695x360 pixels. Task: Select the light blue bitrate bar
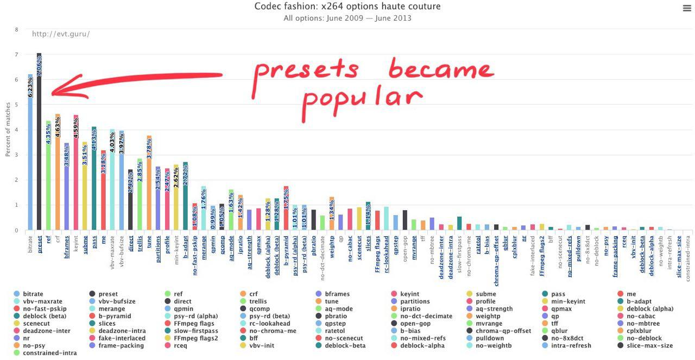30,163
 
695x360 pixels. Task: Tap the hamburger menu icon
687,8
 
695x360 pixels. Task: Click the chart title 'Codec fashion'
347,7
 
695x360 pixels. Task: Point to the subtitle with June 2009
347,18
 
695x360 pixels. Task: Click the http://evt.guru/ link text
61,34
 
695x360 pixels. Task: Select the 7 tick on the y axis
16,55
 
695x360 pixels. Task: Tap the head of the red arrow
53,93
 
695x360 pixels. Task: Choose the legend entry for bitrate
33,294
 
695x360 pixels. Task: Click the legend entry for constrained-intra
49,353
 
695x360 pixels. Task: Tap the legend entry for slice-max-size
649,345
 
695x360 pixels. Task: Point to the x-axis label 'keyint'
75,242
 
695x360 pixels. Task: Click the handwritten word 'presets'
307,70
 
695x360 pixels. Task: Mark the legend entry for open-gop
415,324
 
